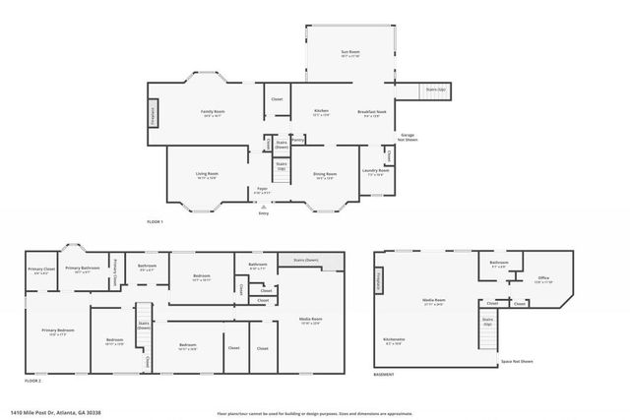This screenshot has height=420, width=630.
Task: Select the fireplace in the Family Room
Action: tap(153, 114)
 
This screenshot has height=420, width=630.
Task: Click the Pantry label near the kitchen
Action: tap(297, 141)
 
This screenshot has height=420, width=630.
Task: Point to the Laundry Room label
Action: tap(377, 170)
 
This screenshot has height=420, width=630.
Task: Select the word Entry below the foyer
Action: tap(264, 211)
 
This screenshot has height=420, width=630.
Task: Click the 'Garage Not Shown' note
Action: tap(408, 137)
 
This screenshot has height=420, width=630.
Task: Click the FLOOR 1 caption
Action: tap(155, 223)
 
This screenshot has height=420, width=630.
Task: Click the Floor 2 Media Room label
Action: tap(311, 319)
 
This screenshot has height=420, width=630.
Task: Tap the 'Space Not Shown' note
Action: tap(517, 361)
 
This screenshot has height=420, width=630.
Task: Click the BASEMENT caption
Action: tap(384, 375)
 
